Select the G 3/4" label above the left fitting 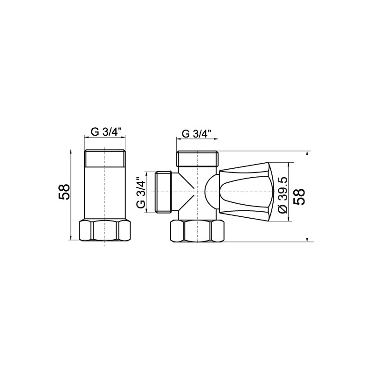coord(105,132)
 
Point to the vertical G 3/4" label coord(141,192)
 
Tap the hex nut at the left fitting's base coord(105,229)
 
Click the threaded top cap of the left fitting coord(105,159)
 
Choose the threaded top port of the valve coord(197,159)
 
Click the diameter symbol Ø coord(282,210)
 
